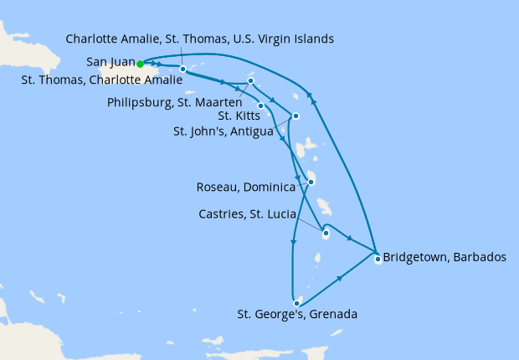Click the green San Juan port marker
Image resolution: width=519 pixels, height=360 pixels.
click(140, 63)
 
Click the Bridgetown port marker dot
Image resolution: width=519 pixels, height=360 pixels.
click(378, 259)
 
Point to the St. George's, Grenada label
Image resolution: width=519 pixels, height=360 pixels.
click(297, 316)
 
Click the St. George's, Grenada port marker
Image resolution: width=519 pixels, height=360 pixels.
click(297, 302)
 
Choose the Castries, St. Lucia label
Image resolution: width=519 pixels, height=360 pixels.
click(246, 214)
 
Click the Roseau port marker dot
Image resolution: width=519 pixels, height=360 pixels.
click(311, 182)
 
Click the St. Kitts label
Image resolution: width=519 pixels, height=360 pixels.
click(236, 116)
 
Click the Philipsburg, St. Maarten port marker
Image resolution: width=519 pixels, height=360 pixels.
click(250, 81)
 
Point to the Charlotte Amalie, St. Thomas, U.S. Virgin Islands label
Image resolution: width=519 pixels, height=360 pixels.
click(200, 39)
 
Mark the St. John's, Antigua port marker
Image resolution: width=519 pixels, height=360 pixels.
click(295, 116)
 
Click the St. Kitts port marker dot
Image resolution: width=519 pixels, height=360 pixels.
click(261, 105)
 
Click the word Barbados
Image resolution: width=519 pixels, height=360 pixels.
click(478, 257)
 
